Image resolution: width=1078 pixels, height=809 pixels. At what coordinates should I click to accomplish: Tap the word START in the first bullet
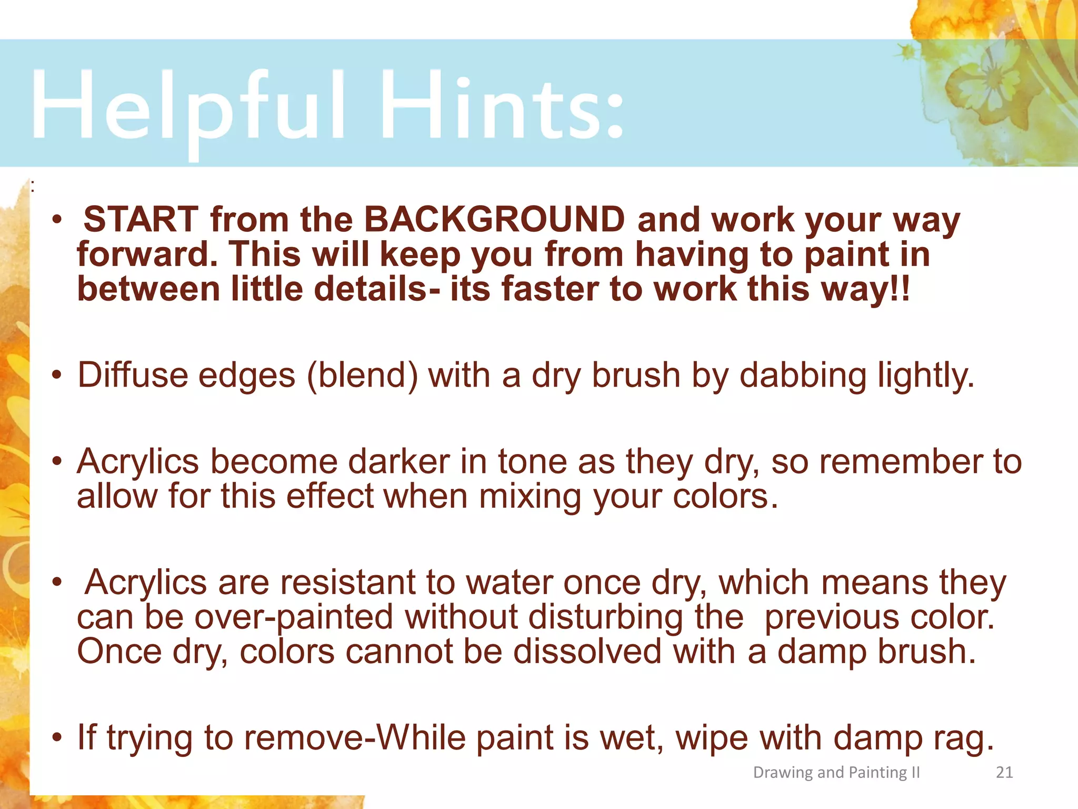pos(141,219)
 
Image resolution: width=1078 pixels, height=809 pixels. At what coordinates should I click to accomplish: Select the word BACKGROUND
pos(494,219)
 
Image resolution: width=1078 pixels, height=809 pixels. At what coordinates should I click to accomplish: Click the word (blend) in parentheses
pos(363,376)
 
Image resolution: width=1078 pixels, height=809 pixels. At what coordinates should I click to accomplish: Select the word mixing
pos(530,496)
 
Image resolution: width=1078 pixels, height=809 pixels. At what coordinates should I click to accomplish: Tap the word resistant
pos(347,583)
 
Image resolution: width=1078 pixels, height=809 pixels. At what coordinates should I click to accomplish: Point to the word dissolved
pos(587,652)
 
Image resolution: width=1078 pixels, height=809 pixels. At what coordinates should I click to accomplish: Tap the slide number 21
pos(1004,773)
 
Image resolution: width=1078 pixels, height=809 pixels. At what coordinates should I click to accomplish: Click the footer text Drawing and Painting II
pos(836,773)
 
